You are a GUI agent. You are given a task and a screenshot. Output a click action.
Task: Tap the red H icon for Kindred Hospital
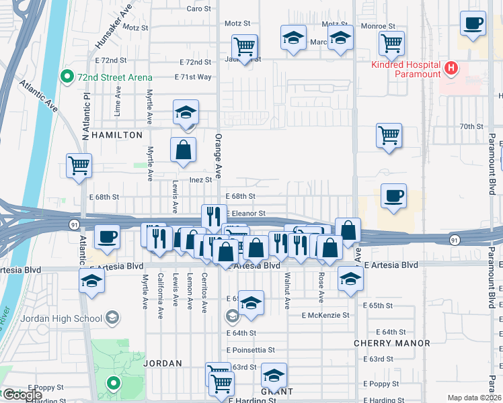452,68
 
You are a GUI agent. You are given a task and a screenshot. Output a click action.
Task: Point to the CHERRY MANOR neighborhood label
392,343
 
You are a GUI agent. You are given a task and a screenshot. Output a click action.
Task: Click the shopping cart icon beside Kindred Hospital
391,44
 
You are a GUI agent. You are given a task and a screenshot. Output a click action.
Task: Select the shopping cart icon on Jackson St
245,47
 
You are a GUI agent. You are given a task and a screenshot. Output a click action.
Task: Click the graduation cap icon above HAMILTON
186,112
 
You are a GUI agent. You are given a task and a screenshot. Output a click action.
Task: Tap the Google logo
22,395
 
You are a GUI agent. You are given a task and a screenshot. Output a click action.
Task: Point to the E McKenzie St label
325,315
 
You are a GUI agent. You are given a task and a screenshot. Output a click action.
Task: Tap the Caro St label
198,9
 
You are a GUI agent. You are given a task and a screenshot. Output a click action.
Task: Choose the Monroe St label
378,26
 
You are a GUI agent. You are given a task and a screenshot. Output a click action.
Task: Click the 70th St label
471,126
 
